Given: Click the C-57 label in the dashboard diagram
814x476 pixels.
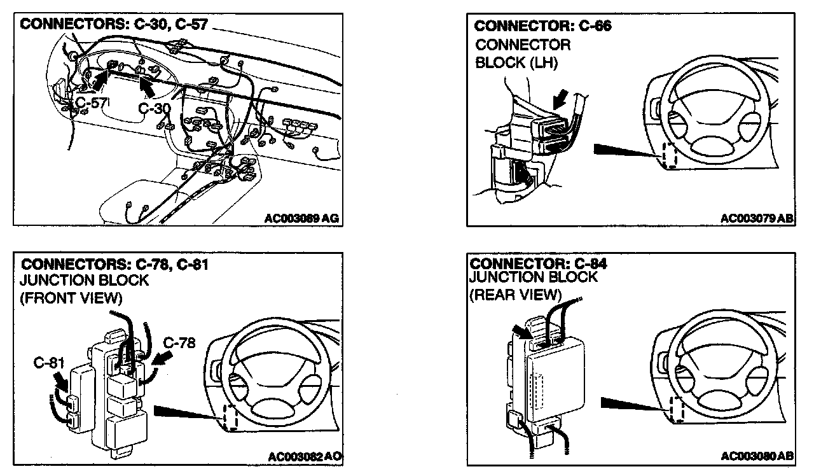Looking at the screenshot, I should point(91,102).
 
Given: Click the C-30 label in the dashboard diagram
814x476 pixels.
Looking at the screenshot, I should point(155,109).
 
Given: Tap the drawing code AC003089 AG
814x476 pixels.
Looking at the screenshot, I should point(301,218).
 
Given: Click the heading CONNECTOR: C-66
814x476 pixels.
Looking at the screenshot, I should point(543,27).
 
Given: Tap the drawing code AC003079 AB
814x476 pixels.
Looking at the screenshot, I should point(757,218).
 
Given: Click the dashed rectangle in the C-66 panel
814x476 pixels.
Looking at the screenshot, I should point(668,155).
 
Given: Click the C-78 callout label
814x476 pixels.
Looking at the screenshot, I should point(179,343).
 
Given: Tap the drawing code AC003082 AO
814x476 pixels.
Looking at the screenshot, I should point(305,457).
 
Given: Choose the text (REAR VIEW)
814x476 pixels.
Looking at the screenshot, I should point(515,295).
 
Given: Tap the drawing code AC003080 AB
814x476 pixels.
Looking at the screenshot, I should point(757,457).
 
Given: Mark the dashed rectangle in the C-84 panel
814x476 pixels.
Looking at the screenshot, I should point(677,410).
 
